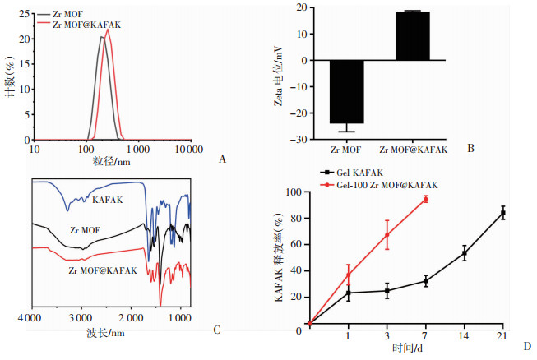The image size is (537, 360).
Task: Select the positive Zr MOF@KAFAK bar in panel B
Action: pos(413,36)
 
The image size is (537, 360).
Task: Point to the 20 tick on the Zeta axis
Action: pos(301,8)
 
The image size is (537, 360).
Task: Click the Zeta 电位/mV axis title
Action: pos(281,74)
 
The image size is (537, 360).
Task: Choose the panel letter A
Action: pos(222,159)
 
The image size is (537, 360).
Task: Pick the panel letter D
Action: pos(528,345)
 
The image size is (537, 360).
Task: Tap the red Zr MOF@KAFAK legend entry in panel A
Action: pos(86,25)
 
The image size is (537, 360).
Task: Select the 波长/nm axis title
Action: pos(107,333)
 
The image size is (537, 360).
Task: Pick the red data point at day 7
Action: pos(425,199)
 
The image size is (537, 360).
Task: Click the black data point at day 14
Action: pos(465,254)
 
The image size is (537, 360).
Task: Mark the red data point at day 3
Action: pos(387,234)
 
